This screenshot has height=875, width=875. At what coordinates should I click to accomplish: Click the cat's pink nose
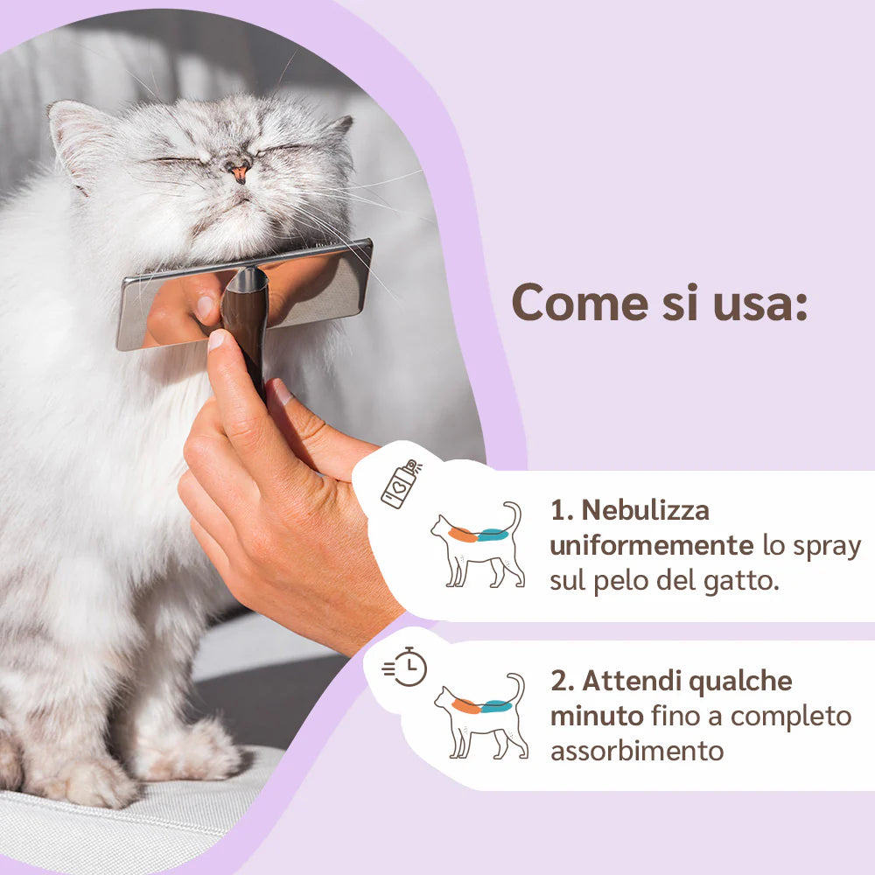(240, 172)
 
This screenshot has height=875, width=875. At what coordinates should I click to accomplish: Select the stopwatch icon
(405, 667)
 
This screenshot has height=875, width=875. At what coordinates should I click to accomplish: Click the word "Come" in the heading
(580, 304)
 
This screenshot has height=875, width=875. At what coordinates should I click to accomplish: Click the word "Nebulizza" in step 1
(646, 510)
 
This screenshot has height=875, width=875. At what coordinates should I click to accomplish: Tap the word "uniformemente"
(652, 545)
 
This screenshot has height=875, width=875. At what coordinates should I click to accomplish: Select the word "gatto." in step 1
(741, 581)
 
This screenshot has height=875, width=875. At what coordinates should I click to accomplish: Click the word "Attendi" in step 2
(633, 681)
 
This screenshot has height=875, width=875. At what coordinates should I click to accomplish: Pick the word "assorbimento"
(637, 751)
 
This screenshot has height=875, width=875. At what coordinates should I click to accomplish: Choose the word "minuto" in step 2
(597, 716)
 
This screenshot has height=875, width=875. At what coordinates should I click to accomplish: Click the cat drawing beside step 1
(479, 544)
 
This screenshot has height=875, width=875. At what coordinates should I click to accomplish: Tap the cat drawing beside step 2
(481, 716)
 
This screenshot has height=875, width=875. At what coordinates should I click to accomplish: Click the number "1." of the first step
(562, 511)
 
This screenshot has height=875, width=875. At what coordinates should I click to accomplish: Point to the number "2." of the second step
(563, 682)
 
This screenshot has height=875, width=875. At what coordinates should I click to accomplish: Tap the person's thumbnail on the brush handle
(216, 339)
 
